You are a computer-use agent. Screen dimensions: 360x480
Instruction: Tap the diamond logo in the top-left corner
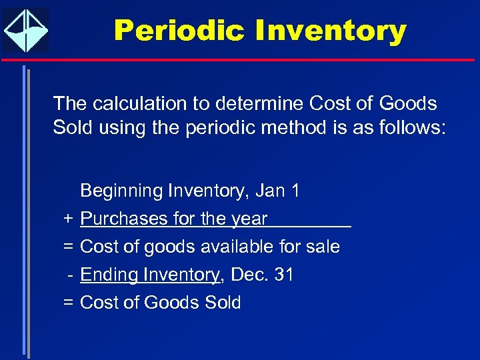tap(26, 30)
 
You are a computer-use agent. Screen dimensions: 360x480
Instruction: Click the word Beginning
tap(121, 191)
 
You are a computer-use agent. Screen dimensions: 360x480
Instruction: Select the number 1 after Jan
tap(295, 191)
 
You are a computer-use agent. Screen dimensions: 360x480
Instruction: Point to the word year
tap(249, 219)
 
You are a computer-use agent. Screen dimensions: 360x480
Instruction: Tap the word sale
tap(323, 247)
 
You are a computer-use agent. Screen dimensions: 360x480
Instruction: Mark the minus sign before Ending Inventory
tap(69, 275)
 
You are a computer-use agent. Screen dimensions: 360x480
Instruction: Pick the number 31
tap(284, 275)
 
